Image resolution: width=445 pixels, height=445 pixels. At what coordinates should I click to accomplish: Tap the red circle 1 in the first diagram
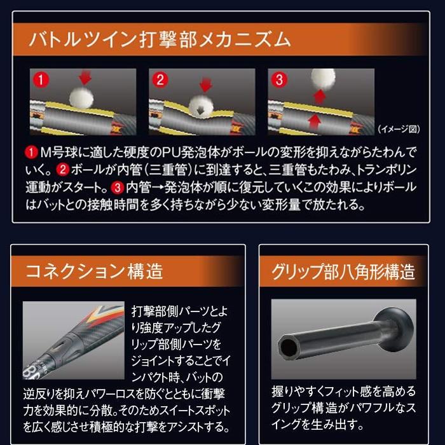coord(41,81)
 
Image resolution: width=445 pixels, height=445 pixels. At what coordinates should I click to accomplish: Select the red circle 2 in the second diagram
coord(160,81)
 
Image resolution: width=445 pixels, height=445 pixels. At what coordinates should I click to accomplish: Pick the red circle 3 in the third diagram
coord(279,81)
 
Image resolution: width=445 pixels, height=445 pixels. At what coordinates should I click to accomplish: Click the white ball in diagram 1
coord(81,97)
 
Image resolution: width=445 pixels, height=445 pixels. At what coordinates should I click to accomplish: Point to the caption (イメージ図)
coord(399,129)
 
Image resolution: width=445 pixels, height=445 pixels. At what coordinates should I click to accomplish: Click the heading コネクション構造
coord(94,271)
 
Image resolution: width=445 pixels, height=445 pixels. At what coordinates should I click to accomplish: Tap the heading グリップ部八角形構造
coord(343,271)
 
